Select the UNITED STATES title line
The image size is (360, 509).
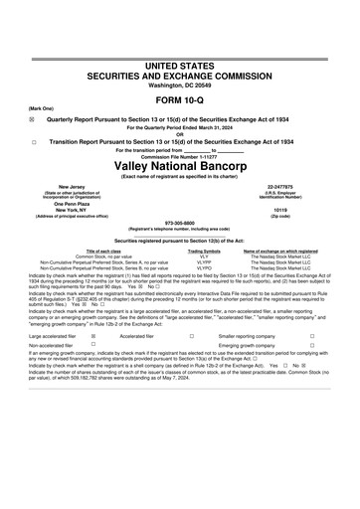click(180, 65)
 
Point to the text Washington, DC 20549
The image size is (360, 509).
click(180, 85)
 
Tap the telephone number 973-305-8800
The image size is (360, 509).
click(180, 224)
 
